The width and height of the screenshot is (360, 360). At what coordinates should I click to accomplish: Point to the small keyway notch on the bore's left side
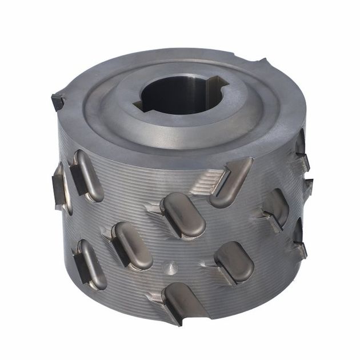point(138,105)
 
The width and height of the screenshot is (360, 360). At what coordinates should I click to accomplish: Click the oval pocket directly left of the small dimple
point(131,246)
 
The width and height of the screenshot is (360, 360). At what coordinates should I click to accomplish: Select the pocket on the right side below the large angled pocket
point(277,209)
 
